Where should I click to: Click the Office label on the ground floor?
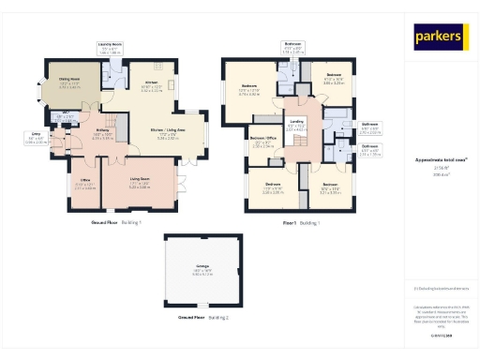pyautogui.click(x=84, y=180)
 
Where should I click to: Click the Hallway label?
pyautogui.click(x=102, y=132)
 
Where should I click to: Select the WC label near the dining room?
pyautogui.click(x=68, y=114)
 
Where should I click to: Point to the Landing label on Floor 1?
pyautogui.click(x=296, y=122)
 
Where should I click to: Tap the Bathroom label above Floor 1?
pyautogui.click(x=292, y=44)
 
